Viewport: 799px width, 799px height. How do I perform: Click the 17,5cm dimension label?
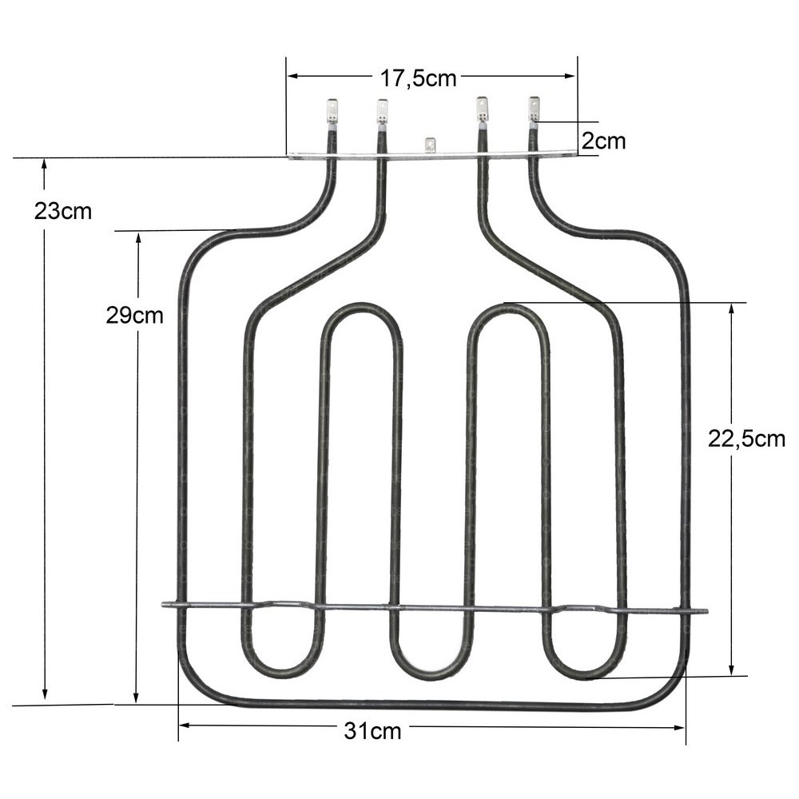click(418, 78)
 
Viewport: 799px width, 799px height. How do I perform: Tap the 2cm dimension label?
click(603, 141)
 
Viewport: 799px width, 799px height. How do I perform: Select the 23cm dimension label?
click(62, 211)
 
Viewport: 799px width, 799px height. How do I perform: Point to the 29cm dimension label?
click(134, 316)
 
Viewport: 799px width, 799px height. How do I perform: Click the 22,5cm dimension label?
click(746, 439)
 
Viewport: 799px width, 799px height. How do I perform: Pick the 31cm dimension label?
click(372, 731)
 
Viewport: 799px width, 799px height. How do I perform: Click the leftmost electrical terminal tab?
click(332, 111)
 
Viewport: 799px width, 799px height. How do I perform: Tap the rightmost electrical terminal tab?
click(534, 109)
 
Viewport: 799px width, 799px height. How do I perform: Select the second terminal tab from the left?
click(382, 112)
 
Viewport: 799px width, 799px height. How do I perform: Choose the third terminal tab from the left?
click(481, 109)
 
